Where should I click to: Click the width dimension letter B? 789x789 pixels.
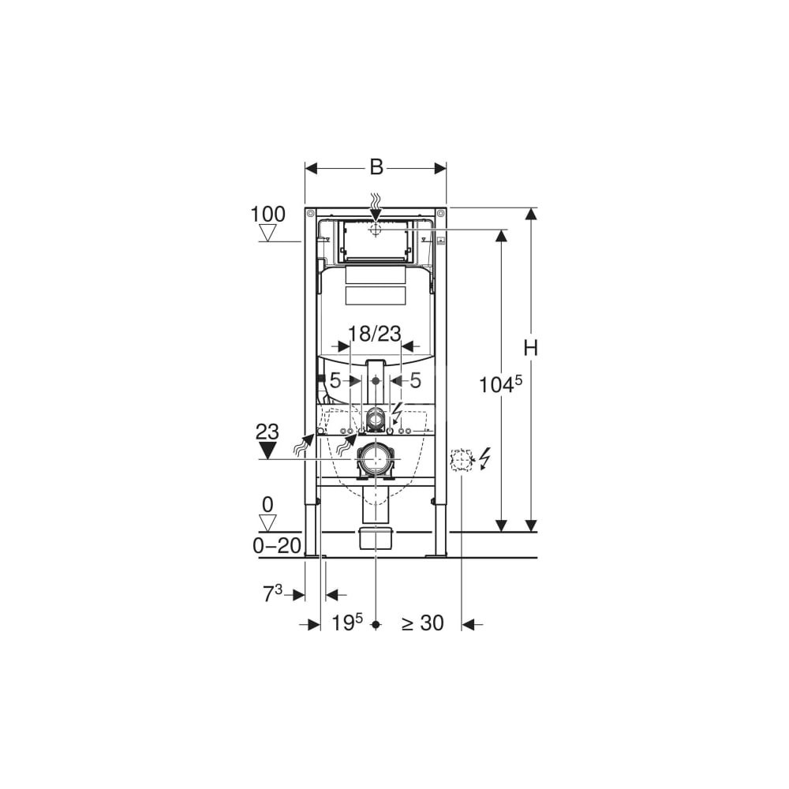(x=376, y=166)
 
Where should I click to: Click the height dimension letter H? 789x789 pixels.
(x=530, y=348)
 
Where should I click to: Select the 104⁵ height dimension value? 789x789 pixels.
(x=501, y=385)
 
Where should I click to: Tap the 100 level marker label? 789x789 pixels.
(x=268, y=215)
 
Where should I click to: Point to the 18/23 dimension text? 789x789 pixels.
(x=376, y=334)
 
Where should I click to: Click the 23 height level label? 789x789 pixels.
(x=267, y=432)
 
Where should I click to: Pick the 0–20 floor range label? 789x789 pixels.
(x=277, y=545)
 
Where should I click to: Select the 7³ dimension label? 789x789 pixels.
(x=273, y=594)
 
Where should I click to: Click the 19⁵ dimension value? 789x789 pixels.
(x=347, y=623)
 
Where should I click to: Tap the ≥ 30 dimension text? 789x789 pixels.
(x=423, y=623)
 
